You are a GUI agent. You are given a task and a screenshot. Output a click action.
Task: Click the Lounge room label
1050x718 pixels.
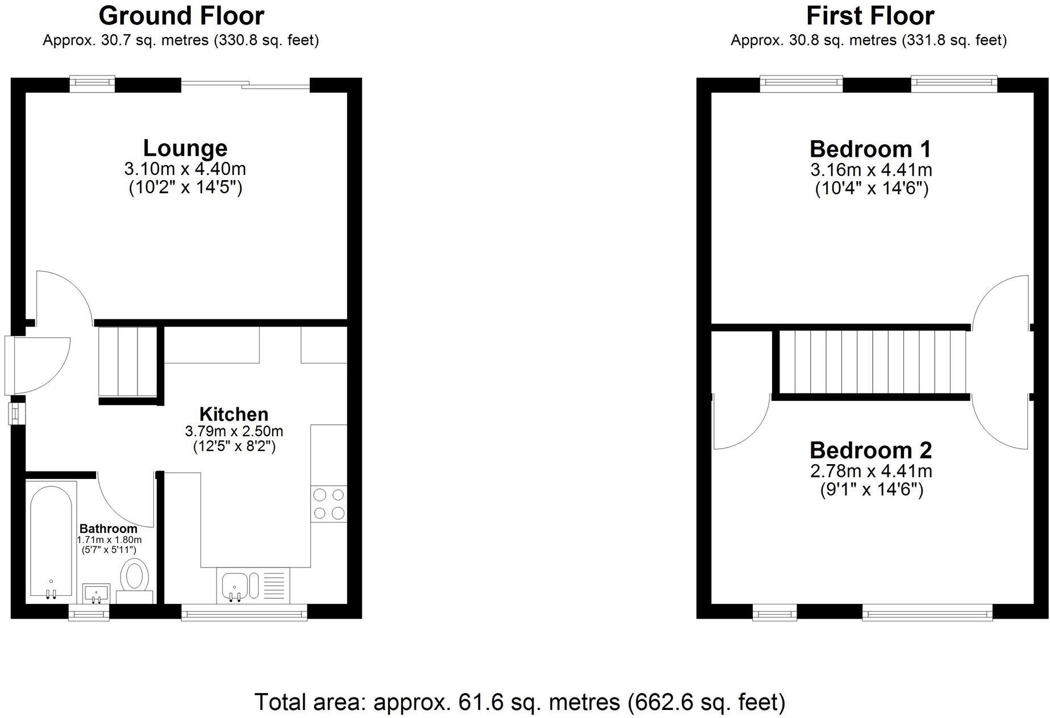tap(185, 148)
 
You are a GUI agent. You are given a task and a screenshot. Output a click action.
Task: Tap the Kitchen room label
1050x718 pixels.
tap(234, 414)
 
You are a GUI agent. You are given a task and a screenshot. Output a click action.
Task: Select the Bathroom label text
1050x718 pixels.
tap(108, 529)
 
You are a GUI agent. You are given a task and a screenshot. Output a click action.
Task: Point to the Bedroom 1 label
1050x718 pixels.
tap(870, 149)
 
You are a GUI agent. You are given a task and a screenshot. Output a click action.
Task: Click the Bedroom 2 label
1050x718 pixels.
tap(870, 450)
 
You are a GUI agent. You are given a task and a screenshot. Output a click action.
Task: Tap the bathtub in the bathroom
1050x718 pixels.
tap(51, 540)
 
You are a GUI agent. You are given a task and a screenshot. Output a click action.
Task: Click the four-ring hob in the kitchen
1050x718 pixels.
tap(329, 504)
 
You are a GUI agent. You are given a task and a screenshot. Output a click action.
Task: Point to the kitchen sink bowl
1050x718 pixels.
tap(234, 586)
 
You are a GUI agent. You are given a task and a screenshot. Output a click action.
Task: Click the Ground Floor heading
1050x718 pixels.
tap(181, 16)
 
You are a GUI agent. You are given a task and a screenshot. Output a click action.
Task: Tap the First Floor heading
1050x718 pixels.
tap(870, 16)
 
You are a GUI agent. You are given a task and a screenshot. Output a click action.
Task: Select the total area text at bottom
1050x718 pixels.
tap(519, 702)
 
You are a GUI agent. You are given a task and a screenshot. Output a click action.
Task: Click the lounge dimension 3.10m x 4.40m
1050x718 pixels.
tap(185, 169)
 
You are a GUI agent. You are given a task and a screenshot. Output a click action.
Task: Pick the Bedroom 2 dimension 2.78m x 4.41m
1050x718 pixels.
tap(871, 471)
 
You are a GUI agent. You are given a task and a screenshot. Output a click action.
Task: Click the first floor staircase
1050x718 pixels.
tap(872, 362)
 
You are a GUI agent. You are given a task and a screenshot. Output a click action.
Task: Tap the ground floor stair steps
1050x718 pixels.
tap(128, 361)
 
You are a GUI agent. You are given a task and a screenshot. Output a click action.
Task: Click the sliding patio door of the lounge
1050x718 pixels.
tap(245, 85)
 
